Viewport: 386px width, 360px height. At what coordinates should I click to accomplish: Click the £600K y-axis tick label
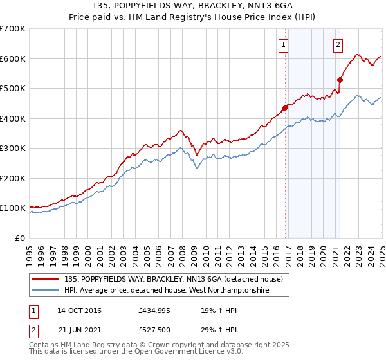(13, 59)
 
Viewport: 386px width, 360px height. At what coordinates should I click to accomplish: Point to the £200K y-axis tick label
(13, 178)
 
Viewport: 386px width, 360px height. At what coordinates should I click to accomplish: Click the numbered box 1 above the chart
(284, 44)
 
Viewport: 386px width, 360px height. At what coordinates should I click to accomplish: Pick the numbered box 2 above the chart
(338, 44)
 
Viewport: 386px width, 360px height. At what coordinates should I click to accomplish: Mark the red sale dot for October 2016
(285, 107)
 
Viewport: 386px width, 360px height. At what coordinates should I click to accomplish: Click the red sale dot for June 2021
(340, 80)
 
